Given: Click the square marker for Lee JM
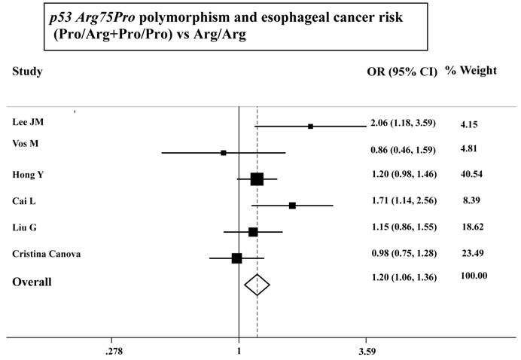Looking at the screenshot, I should pos(310,127).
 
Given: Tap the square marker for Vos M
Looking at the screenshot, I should pos(224,153).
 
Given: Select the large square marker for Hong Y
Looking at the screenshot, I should pos(257,178).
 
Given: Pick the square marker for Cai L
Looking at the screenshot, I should pos(292,205).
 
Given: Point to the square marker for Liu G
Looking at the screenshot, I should pos(253,232).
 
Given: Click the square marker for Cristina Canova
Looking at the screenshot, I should pos(236,258).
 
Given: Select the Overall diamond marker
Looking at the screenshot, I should pos(257,285).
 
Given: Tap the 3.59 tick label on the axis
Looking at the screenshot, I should pos(367,350).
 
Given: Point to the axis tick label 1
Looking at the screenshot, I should pos(239,350).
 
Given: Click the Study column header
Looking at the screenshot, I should pos(27,72).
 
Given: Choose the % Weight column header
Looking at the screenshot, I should pos(471,71).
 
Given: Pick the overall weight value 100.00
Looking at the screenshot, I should pos(474,276).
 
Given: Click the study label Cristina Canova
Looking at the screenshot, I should pos(47,253).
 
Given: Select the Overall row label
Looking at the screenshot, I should pos(31,282).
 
